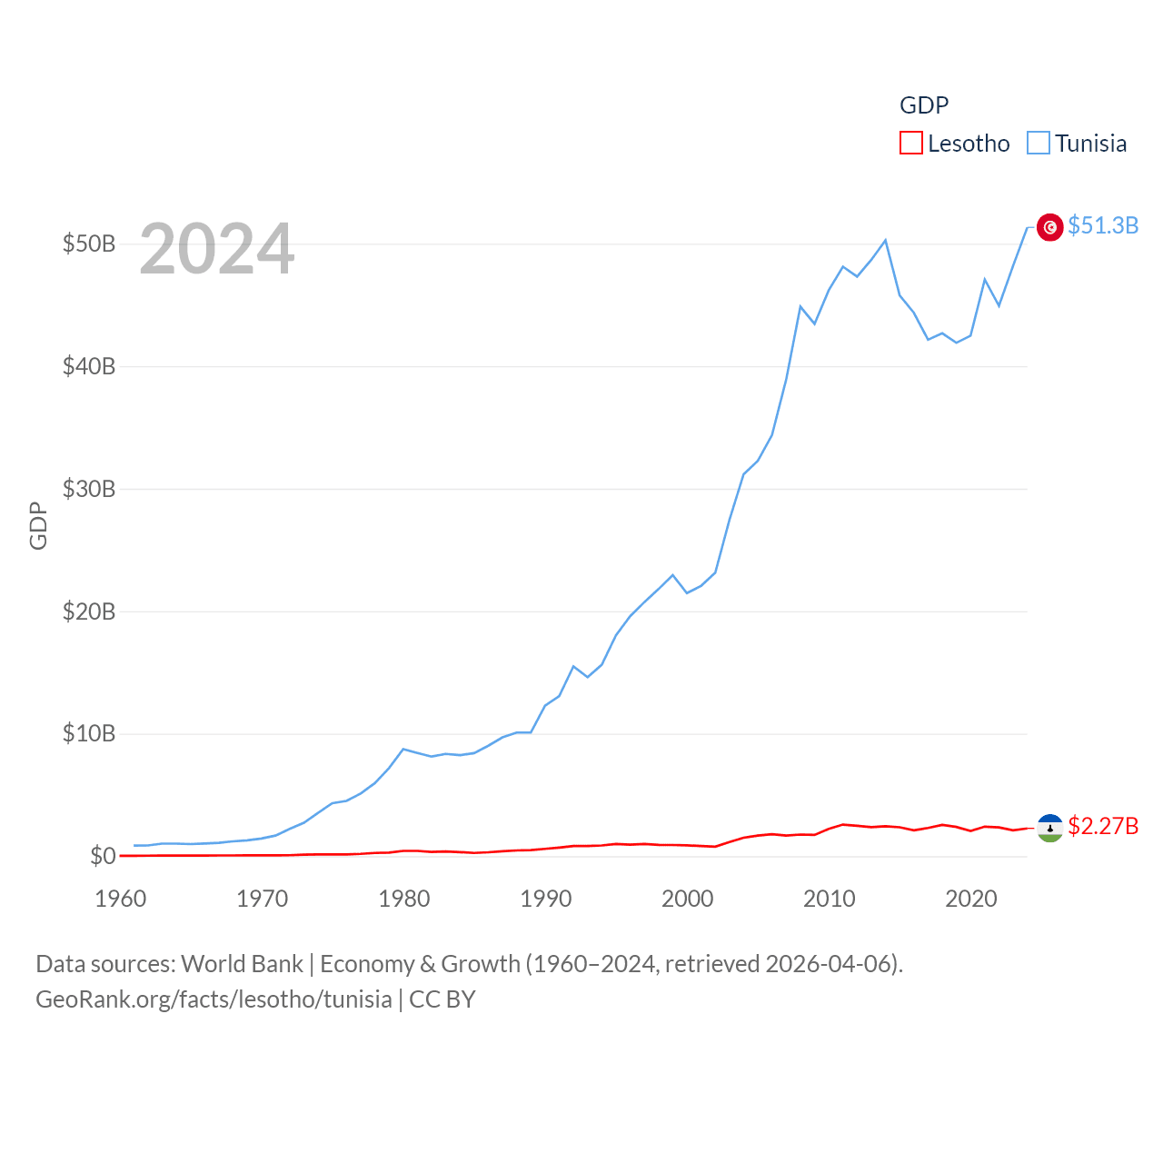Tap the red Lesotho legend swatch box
click(911, 144)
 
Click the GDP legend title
click(924, 105)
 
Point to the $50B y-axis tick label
click(88, 244)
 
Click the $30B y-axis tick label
click(88, 489)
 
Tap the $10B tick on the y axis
click(88, 733)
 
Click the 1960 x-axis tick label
click(120, 899)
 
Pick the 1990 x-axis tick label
click(545, 899)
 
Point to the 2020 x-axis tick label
click(970, 899)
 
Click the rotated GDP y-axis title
click(38, 525)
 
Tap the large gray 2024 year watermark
click(216, 248)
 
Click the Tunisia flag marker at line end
click(1049, 227)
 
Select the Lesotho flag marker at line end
click(1049, 828)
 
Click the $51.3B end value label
click(1103, 225)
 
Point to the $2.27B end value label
click(1103, 826)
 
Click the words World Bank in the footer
click(242, 963)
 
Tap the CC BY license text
click(442, 999)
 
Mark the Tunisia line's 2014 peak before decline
click(886, 240)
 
